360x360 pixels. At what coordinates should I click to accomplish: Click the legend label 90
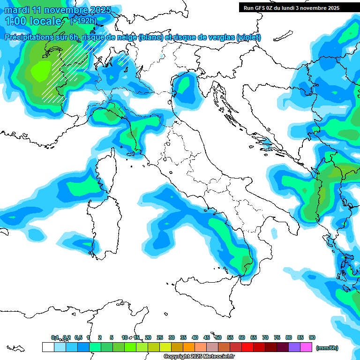(x=312, y=337)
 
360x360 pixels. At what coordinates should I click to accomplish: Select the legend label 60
(x=242, y=337)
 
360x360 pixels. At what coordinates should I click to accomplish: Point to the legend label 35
(x=183, y=337)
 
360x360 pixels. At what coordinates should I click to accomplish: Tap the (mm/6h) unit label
(x=327, y=348)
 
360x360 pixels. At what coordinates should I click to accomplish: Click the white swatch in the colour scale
(x=48, y=347)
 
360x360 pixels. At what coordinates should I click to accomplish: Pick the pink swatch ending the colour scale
(x=306, y=347)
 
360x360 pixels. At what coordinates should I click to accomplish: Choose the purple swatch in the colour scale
(x=294, y=347)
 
